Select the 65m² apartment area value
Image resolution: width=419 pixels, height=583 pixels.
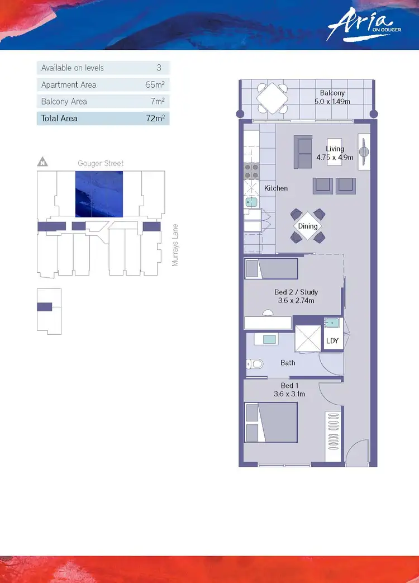click(155, 85)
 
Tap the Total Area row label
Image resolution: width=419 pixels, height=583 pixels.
click(59, 119)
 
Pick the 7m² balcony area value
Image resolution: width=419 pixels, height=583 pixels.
click(157, 102)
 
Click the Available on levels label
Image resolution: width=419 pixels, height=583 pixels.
click(72, 68)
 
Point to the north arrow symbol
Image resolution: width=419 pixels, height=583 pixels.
click(42, 163)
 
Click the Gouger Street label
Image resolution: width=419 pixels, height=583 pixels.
click(101, 163)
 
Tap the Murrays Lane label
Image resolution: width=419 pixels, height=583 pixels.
click(175, 245)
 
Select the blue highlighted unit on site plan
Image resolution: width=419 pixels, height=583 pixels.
click(99, 194)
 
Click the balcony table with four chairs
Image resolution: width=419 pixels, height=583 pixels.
click(272, 98)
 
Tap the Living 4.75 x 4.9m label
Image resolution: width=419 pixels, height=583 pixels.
click(335, 153)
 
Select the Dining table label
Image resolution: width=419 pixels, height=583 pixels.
click(307, 226)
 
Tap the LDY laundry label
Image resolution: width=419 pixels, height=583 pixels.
click(332, 341)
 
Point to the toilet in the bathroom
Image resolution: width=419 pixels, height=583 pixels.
click(255, 364)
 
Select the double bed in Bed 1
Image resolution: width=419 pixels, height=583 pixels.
click(270, 422)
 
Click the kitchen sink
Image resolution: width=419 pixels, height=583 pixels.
click(251, 202)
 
